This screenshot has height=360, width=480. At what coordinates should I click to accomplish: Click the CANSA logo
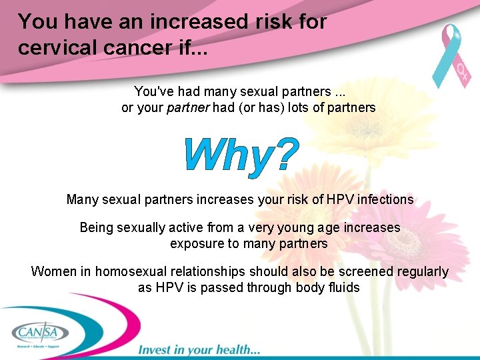[38, 332]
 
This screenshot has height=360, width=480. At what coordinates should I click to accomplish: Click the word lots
[299, 107]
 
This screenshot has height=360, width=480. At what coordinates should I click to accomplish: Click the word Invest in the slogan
[155, 349]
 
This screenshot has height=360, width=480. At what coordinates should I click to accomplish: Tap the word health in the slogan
[236, 349]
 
